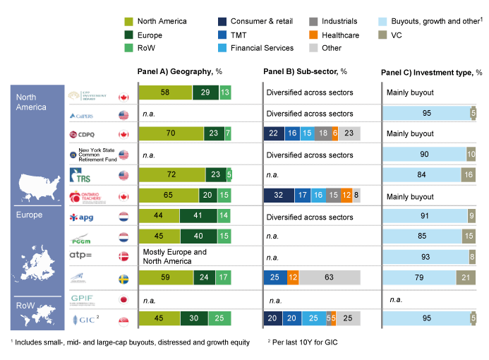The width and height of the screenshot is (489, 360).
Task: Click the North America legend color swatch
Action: coord(128,22)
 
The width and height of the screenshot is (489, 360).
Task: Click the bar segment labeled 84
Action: coord(421,175)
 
